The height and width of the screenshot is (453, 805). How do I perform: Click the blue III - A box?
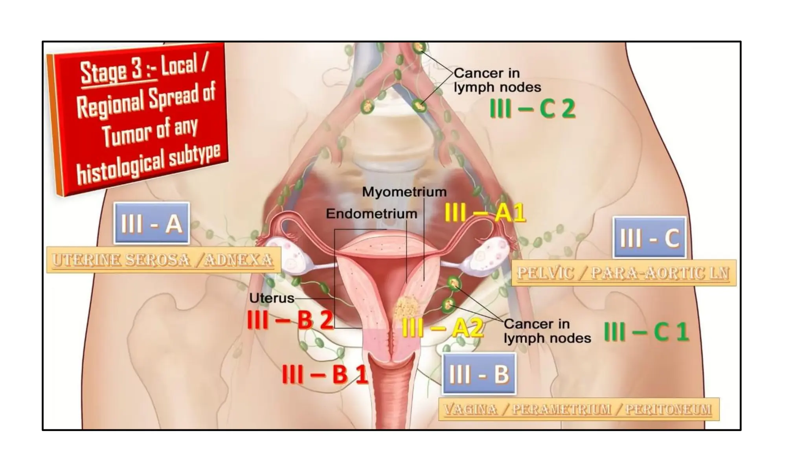152,223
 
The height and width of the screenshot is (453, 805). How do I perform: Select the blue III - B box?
479,374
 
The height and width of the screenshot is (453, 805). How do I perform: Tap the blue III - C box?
649,238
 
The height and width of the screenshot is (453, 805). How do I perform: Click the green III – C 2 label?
533,109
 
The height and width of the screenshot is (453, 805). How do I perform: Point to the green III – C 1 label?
646,331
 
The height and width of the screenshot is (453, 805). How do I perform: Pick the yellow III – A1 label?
485,213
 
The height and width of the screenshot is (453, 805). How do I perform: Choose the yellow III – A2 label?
442,328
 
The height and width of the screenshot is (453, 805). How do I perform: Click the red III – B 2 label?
290,320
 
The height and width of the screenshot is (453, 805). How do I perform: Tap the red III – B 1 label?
325,374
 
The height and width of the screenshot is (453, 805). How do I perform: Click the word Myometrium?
404,192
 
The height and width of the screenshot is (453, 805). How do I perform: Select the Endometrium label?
371,214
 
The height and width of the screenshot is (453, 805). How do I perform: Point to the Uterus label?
272,298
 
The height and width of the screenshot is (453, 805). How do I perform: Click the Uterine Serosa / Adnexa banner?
163,260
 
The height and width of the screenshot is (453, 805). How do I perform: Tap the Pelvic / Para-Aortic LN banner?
623,273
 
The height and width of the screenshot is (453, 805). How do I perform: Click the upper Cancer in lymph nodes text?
497,80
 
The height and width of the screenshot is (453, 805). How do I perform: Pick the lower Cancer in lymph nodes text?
547,331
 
